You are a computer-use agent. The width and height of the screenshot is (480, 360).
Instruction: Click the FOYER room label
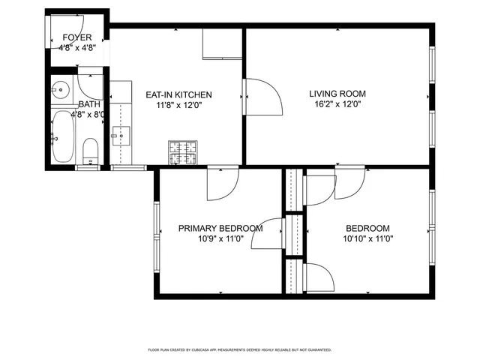coord(77,37)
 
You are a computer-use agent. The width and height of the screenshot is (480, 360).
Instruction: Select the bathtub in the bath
coord(61,136)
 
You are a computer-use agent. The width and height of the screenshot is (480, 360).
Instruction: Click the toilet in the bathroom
coord(90,148)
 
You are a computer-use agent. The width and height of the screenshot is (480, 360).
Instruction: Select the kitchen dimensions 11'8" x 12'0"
coord(178,106)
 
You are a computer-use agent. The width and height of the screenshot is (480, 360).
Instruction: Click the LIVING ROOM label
coord(337,94)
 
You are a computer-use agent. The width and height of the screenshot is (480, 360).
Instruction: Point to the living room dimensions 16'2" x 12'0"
coord(337,105)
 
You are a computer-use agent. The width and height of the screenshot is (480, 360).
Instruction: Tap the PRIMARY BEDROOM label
coord(220,229)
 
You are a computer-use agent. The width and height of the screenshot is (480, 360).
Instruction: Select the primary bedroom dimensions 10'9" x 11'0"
coord(220,239)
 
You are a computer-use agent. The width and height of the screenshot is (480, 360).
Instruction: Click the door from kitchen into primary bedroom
coord(223,184)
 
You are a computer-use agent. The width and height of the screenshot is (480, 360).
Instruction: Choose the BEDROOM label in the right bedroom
coord(367,229)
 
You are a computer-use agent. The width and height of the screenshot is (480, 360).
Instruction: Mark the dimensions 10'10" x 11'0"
coord(367,239)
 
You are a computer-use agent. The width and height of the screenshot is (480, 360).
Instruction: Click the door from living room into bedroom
coord(350,184)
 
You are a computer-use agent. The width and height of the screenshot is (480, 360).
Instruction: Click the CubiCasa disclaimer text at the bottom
coord(240,349)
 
